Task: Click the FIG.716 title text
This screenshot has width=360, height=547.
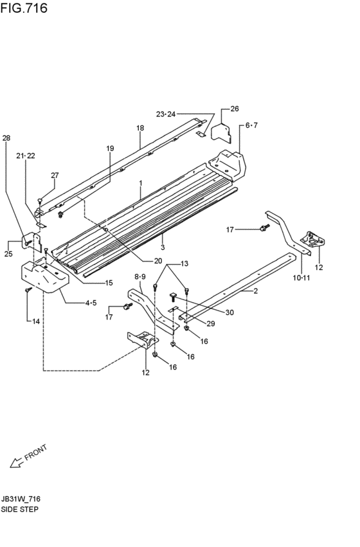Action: pyautogui.click(x=24, y=8)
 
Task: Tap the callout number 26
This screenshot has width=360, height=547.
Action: pyautogui.click(x=235, y=109)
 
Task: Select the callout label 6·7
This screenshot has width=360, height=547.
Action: pyautogui.click(x=251, y=125)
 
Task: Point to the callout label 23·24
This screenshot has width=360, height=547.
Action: pyautogui.click(x=166, y=114)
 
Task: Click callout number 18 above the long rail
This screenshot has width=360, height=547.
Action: pyautogui.click(x=140, y=128)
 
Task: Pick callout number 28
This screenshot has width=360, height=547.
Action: pyautogui.click(x=6, y=138)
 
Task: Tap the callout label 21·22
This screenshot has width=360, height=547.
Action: pyautogui.click(x=26, y=156)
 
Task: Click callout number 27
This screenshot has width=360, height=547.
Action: pyautogui.click(x=55, y=175)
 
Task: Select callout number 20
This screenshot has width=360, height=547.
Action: pyautogui.click(x=158, y=261)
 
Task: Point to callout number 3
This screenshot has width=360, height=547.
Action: pyautogui.click(x=163, y=247)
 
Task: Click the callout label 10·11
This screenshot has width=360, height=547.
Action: pyautogui.click(x=301, y=278)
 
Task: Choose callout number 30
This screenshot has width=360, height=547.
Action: pyautogui.click(x=230, y=312)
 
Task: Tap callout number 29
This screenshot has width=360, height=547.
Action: pyautogui.click(x=210, y=324)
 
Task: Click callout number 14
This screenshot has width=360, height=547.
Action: pyautogui.click(x=36, y=321)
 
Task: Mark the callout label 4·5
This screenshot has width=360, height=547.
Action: pyautogui.click(x=91, y=303)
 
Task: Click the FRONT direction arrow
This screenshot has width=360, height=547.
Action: pyautogui.click(x=16, y=463)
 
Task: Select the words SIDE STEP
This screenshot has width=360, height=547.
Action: pyautogui.click(x=19, y=509)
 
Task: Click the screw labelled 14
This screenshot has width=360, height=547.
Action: pyautogui.click(x=28, y=289)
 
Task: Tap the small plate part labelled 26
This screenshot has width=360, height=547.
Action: pyautogui.click(x=222, y=132)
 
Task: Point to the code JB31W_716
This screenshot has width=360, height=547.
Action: pyautogui.click(x=20, y=499)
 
